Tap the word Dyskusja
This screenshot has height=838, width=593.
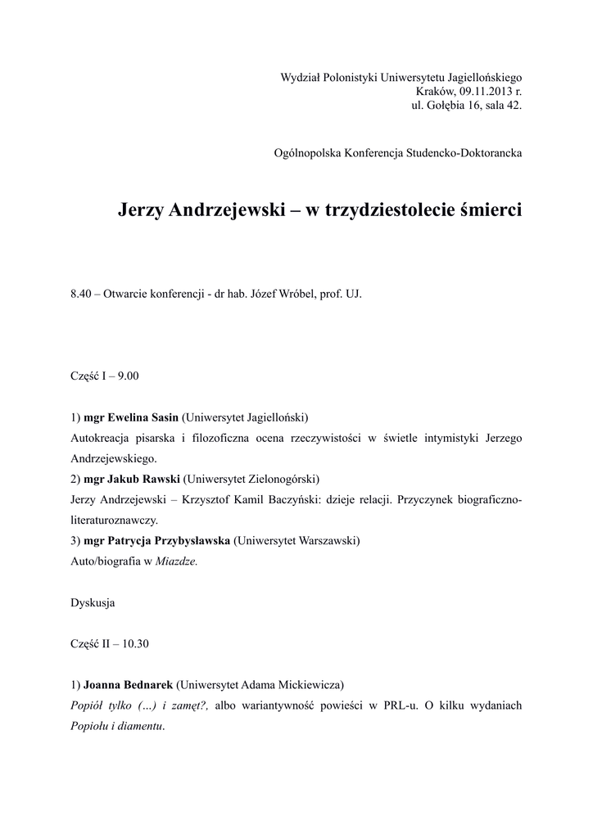click(93, 603)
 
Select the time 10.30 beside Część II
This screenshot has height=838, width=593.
click(134, 643)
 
